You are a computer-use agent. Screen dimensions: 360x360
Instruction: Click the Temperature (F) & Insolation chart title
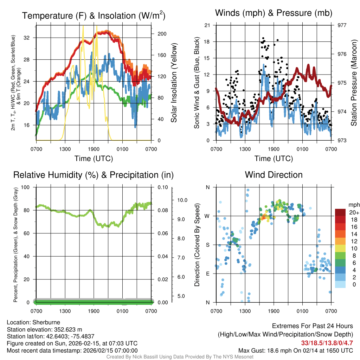click(94, 16)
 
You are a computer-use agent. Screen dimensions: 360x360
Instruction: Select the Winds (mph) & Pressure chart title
click(274, 13)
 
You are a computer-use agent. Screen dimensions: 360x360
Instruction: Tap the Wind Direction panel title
click(274, 175)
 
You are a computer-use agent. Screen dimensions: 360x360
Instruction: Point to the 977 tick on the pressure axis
click(341, 25)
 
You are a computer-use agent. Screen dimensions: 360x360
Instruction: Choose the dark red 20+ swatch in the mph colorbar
click(341, 212)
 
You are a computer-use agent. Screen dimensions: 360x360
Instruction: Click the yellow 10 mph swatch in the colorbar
click(341, 248)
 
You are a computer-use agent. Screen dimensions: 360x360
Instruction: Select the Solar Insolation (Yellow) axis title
click(174, 83)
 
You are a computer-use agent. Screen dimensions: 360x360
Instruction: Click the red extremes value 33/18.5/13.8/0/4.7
click(327, 342)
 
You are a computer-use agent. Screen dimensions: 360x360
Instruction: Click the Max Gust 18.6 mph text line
click(295, 350)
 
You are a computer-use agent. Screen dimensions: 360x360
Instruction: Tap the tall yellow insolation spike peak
click(83, 26)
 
